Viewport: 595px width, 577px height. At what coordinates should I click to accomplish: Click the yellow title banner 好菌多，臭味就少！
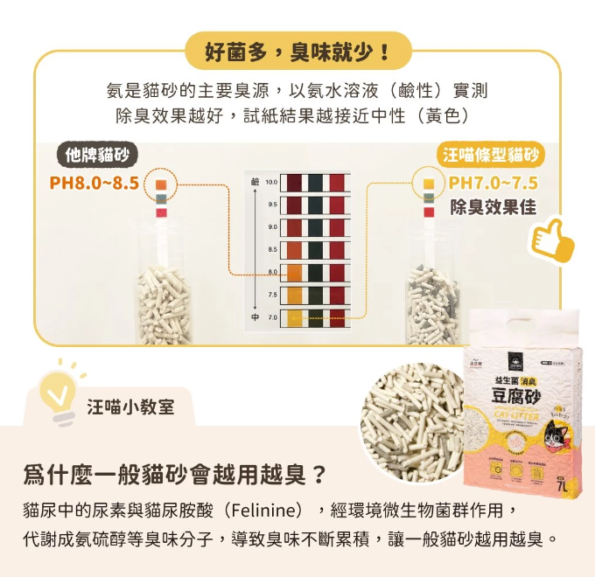point(297,51)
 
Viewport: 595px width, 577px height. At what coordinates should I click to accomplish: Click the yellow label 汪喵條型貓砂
point(489,156)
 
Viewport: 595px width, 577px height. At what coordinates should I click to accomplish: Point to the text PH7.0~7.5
point(493,184)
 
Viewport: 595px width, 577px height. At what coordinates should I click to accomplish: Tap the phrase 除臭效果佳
point(493,208)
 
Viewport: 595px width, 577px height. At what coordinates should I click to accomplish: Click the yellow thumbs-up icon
point(553,238)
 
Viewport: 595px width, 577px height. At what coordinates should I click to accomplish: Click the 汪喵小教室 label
point(130,407)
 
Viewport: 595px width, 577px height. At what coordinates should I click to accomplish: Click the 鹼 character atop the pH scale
point(255,181)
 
